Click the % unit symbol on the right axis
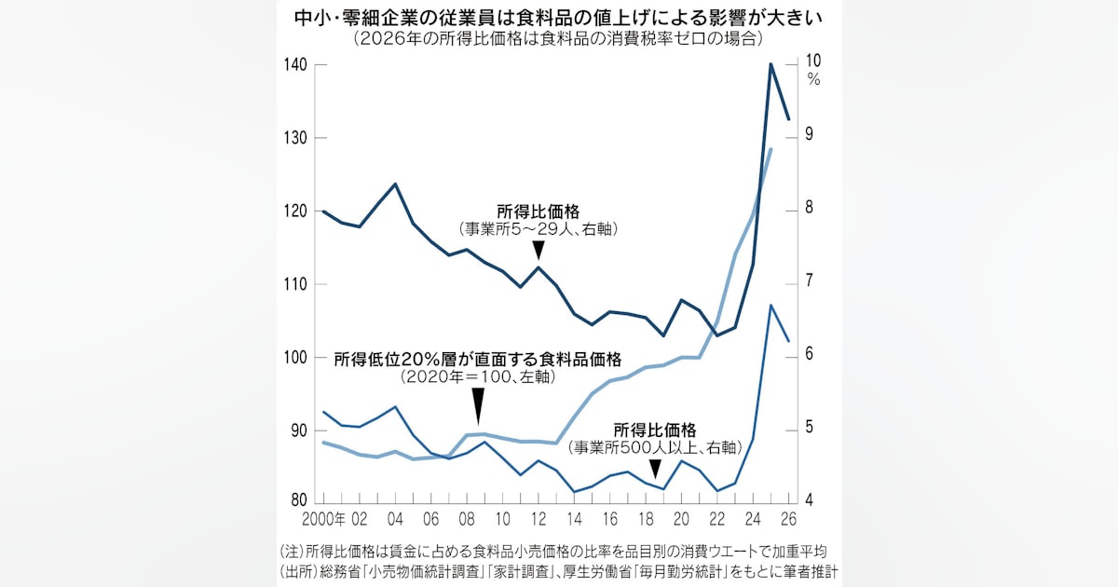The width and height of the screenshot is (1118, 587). point(813,80)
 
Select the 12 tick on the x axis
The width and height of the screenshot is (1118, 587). point(539,519)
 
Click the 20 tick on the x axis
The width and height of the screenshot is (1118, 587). point(681,519)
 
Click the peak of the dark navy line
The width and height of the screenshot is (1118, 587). point(771,64)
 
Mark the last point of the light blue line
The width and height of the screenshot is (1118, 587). point(771,149)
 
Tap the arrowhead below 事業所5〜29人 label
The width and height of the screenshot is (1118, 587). point(539,250)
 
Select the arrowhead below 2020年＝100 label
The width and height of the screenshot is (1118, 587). point(478,406)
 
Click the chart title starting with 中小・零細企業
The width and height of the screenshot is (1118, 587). point(558,18)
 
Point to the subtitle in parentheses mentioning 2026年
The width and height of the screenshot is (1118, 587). point(558,39)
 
